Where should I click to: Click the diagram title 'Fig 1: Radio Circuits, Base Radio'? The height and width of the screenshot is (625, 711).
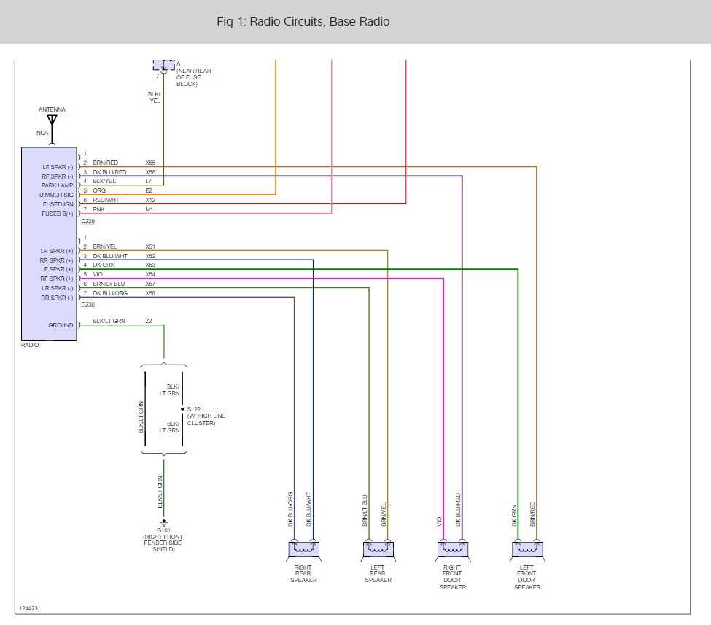click(x=303, y=22)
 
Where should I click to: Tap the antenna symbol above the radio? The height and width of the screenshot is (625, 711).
click(x=52, y=120)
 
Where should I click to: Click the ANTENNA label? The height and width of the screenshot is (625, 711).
click(x=52, y=109)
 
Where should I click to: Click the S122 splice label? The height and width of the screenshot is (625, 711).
click(x=194, y=409)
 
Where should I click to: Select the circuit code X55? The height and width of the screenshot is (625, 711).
click(x=150, y=163)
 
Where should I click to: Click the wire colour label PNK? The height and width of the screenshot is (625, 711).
click(x=99, y=210)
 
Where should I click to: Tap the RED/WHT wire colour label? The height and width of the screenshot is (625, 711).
click(x=106, y=201)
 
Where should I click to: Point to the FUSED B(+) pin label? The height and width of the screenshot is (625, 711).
click(x=58, y=214)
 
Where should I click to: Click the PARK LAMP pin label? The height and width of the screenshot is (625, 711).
click(x=58, y=185)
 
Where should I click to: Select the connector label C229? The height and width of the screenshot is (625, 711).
click(x=88, y=221)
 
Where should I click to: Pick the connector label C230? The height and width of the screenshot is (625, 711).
click(x=88, y=305)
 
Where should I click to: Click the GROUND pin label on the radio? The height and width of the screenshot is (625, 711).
click(x=61, y=325)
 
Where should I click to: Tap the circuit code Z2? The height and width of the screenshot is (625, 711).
click(x=149, y=321)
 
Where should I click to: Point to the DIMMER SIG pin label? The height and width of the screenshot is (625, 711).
click(x=58, y=195)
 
